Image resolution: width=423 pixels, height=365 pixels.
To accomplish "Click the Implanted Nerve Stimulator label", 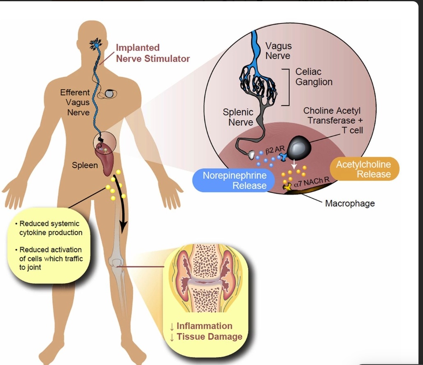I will [x=153, y=53].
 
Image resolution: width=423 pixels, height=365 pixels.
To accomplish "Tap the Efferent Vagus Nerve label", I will [x=74, y=102].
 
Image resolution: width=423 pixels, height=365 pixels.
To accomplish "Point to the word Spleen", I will [x=85, y=165].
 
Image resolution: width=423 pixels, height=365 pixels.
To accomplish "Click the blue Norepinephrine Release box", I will [x=235, y=180].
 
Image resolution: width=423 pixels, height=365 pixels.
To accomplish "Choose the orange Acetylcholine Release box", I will [x=363, y=169].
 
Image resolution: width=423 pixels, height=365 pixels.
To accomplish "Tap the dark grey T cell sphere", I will [x=300, y=147].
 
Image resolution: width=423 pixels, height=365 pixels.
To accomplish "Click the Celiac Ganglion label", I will [x=314, y=76].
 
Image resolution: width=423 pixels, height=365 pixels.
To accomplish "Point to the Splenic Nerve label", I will [x=238, y=117].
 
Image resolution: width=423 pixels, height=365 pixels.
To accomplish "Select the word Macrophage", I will [x=350, y=203].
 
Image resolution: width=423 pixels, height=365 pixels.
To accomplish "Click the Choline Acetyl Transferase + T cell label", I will [x=333, y=120].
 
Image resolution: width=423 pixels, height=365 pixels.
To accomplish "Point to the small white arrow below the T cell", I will [x=294, y=162].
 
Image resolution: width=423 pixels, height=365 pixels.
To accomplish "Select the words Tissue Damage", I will [x=209, y=337].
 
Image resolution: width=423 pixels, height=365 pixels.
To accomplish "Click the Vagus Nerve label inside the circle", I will [x=278, y=51].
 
